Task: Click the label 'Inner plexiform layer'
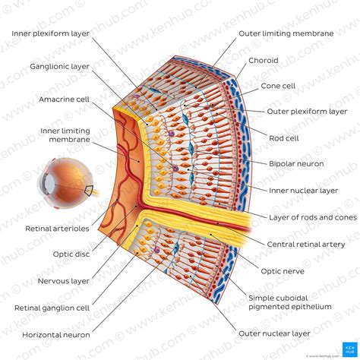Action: (x=50, y=33)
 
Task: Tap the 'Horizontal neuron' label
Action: (x=55, y=334)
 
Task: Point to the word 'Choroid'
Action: (x=263, y=60)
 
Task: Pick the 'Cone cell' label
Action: (x=279, y=86)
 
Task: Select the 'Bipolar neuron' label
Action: (x=296, y=163)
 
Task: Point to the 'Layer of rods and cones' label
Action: (x=313, y=217)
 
